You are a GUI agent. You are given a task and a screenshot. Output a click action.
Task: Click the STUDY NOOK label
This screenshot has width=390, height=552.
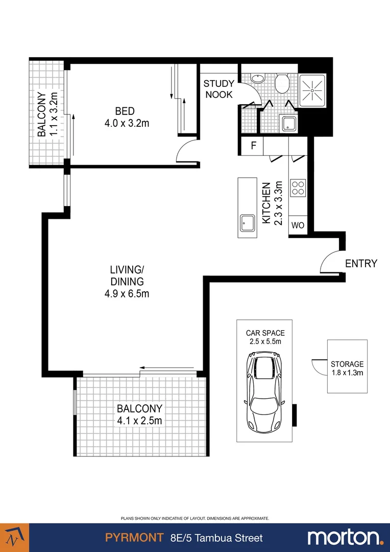219,89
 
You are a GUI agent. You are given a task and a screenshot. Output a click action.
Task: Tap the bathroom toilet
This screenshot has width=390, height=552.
282,83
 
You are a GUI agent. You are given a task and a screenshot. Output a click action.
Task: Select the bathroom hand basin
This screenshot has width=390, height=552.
258,79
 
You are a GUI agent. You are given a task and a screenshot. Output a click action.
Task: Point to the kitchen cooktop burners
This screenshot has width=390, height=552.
298,188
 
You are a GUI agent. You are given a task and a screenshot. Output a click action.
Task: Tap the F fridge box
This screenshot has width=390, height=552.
253,146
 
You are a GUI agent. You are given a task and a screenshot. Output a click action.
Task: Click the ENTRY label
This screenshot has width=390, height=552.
361,264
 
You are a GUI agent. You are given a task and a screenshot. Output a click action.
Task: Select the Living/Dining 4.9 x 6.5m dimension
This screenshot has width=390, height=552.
127,293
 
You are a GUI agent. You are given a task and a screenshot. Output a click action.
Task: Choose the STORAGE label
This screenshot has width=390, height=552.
347,364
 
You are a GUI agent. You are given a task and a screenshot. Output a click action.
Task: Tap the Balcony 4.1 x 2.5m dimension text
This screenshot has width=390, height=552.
139,421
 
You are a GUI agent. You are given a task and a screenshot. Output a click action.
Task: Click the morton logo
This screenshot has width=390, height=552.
345,537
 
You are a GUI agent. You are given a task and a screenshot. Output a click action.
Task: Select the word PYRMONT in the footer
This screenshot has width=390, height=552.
134,538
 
